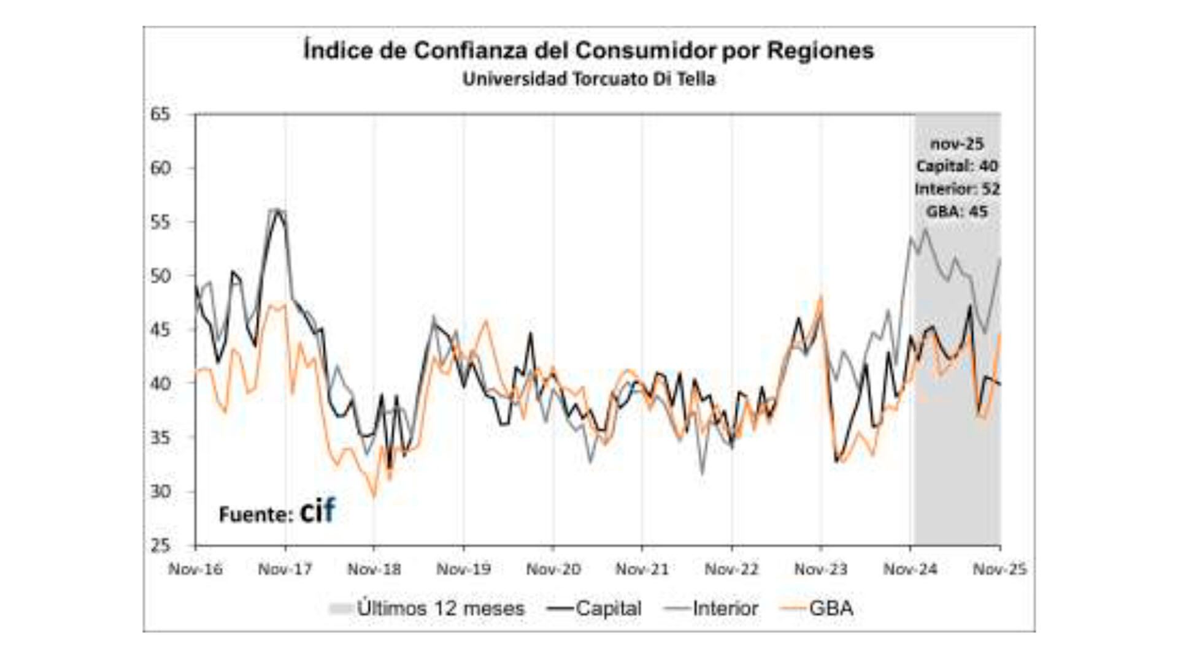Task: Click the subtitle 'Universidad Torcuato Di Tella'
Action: (589, 79)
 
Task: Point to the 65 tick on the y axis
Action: (160, 115)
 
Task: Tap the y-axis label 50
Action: (160, 276)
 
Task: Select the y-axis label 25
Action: (160, 545)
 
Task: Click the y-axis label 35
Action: (160, 437)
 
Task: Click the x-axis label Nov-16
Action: (195, 569)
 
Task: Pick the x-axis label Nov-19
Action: (463, 569)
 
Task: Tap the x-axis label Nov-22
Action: (731, 569)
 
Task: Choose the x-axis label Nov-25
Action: (999, 569)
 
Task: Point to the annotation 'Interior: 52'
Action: (957, 189)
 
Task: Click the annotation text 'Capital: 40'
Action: (957, 166)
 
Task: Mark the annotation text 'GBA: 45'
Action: (957, 211)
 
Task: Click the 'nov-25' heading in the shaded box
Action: (957, 144)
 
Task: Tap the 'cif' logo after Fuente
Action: (317, 512)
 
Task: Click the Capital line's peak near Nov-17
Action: (279, 211)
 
